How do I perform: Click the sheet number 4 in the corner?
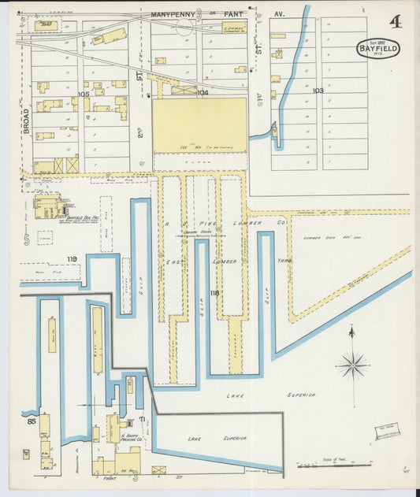(x=395, y=20)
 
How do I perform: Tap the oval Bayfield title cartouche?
(x=379, y=49)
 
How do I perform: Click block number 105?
(x=84, y=94)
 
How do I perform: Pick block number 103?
(x=318, y=91)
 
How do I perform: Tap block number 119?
(x=72, y=258)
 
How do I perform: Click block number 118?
(x=214, y=293)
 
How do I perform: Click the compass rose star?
(x=352, y=365)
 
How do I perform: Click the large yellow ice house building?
(x=199, y=124)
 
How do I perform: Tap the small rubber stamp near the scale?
(x=387, y=431)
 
